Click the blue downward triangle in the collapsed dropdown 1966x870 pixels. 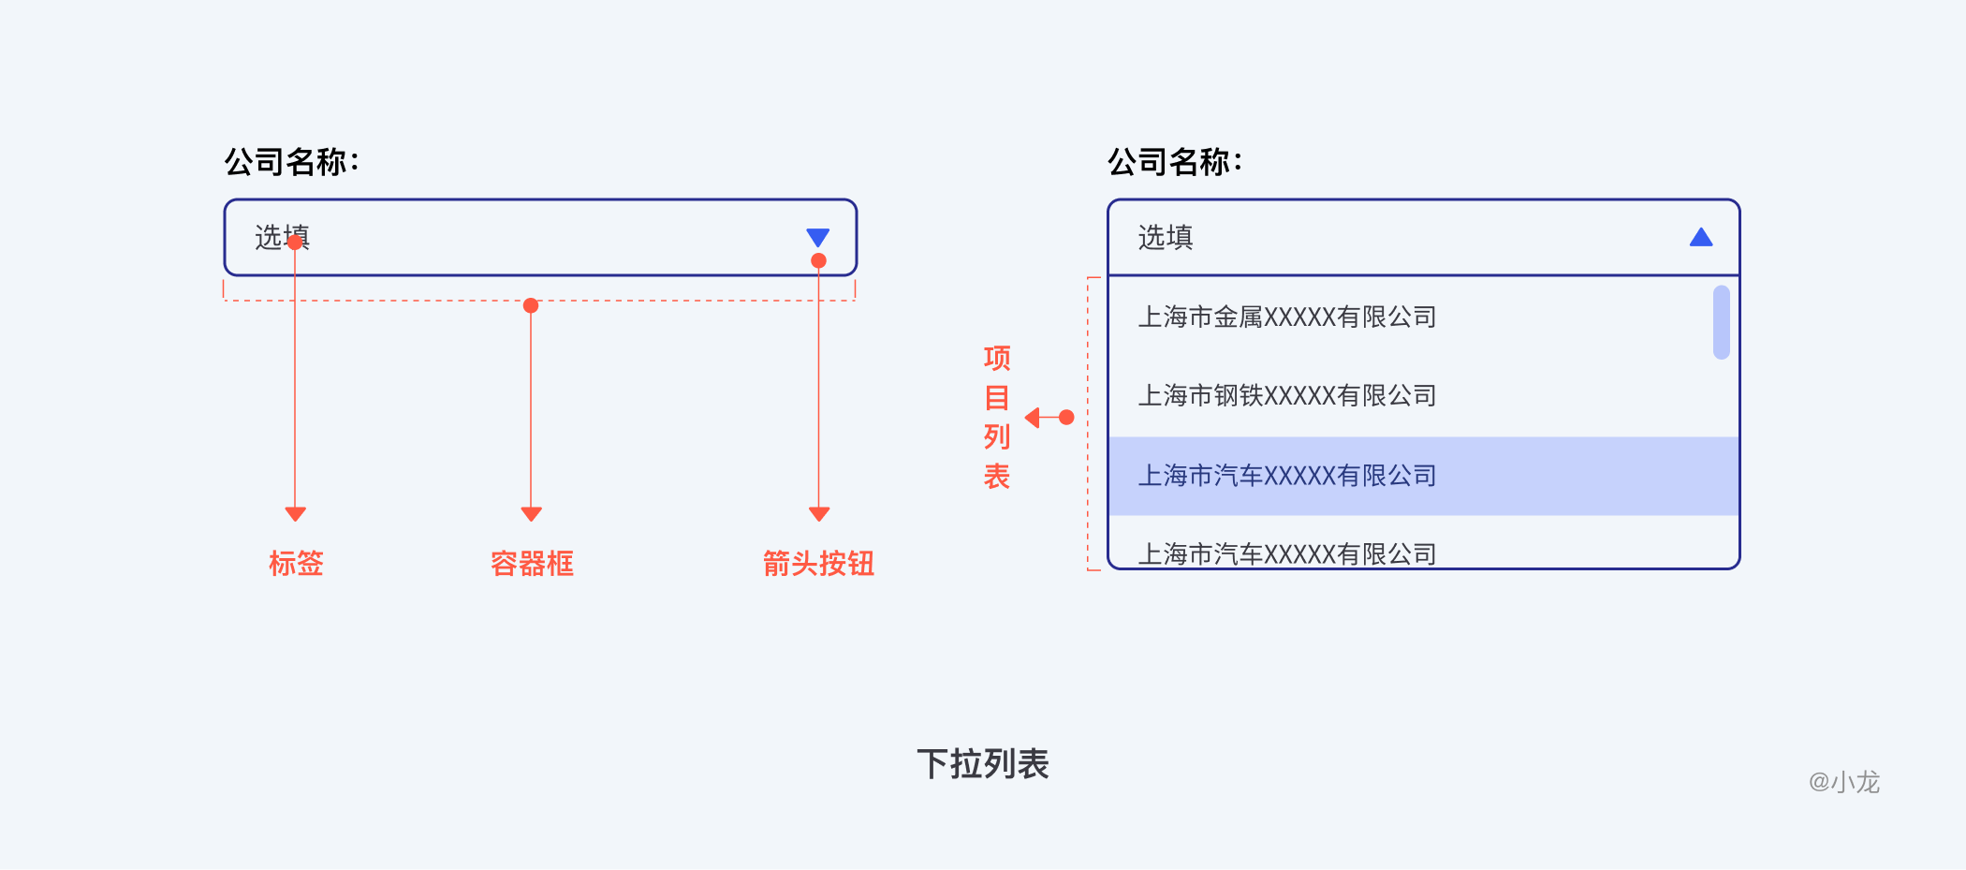817,236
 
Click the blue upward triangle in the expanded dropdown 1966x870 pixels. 1700,238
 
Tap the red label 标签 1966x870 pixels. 296,564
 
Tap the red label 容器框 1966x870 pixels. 532,564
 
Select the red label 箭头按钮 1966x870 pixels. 818,564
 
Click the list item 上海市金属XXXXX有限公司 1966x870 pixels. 1286,317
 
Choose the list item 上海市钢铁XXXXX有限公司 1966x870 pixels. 1286,396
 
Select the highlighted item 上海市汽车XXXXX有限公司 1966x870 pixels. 1286,476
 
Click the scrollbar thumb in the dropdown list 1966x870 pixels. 1721,322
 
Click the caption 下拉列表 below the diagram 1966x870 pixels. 983,764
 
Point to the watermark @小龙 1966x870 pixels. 1843,782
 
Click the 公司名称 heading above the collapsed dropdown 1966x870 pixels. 291,162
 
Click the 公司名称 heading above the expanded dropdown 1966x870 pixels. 1175,162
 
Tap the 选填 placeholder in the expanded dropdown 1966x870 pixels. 1166,238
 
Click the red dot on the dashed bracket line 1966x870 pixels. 531,305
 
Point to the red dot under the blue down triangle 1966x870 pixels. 818,261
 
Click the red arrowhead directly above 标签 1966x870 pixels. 296,514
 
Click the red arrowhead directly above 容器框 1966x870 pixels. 531,514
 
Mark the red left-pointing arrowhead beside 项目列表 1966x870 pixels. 1033,418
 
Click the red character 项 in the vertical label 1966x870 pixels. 997,358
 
